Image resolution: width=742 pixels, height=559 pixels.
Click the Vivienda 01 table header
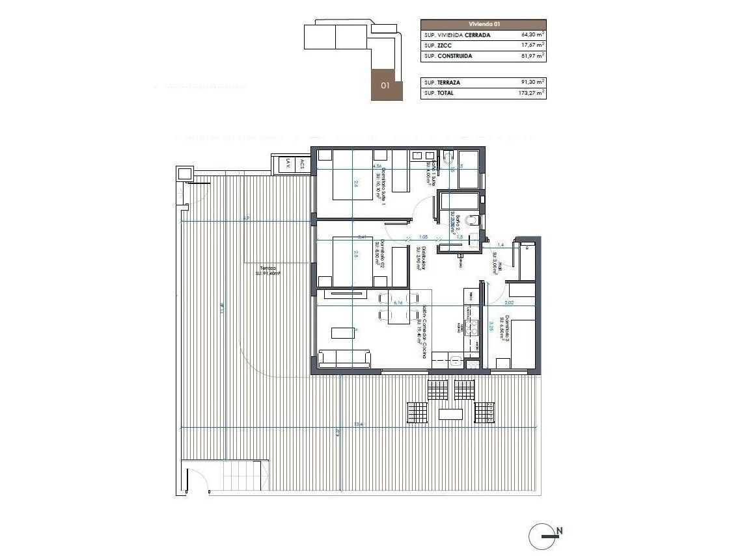pos(483,24)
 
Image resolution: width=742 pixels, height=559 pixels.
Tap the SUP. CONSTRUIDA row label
pos(448,57)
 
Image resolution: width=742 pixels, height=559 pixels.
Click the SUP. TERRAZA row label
pos(443,83)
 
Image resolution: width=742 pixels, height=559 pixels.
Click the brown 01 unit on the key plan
pos(385,84)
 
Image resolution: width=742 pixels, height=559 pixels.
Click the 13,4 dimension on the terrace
pos(357,424)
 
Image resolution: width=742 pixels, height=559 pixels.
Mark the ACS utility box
pos(303,166)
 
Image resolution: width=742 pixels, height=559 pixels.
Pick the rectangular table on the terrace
pos(450,413)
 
